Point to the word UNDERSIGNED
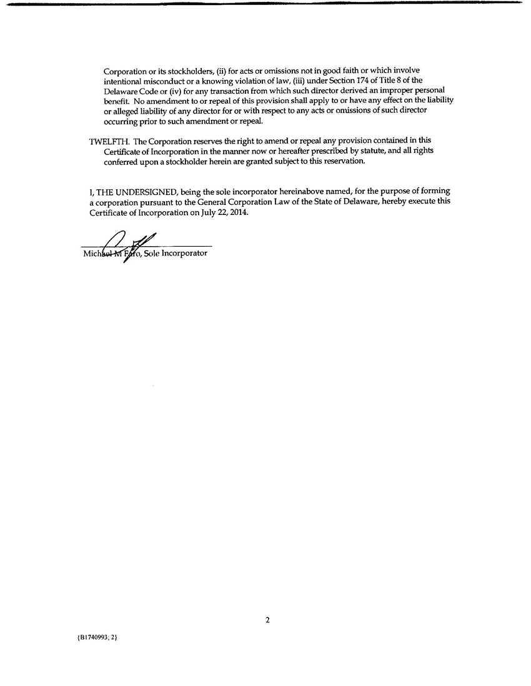[146, 191]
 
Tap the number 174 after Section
[364, 80]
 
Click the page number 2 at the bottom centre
[267, 620]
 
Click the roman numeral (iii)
[302, 80]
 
